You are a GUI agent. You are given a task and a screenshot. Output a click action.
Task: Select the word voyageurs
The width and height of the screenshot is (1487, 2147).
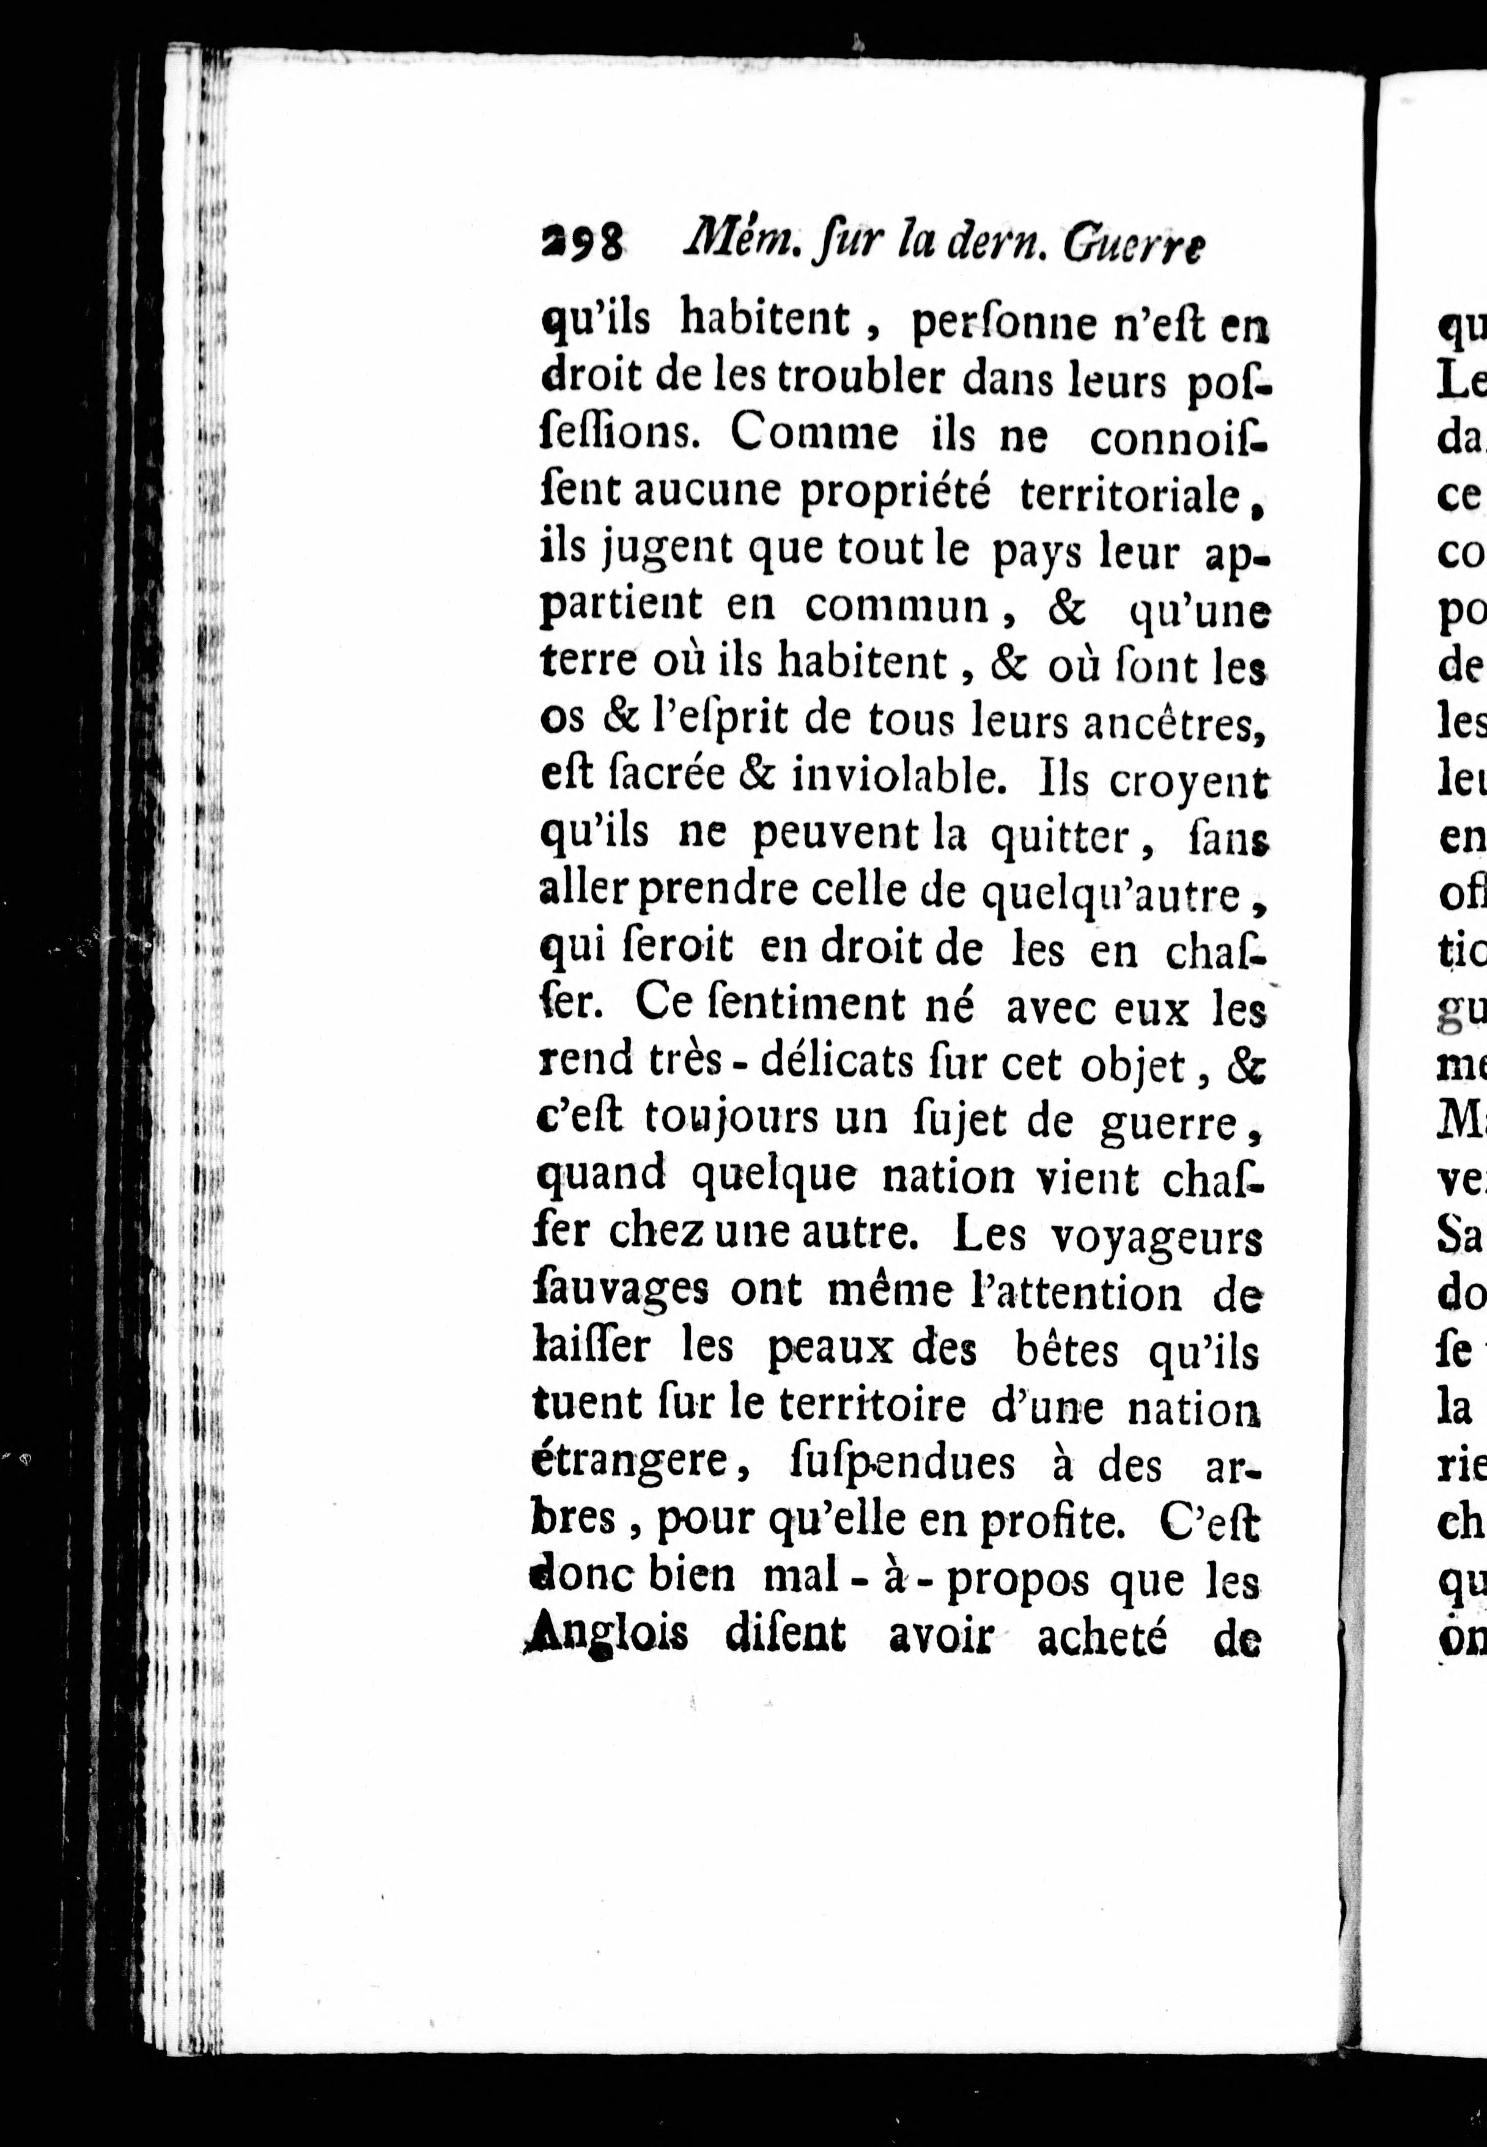click(x=1156, y=1237)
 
